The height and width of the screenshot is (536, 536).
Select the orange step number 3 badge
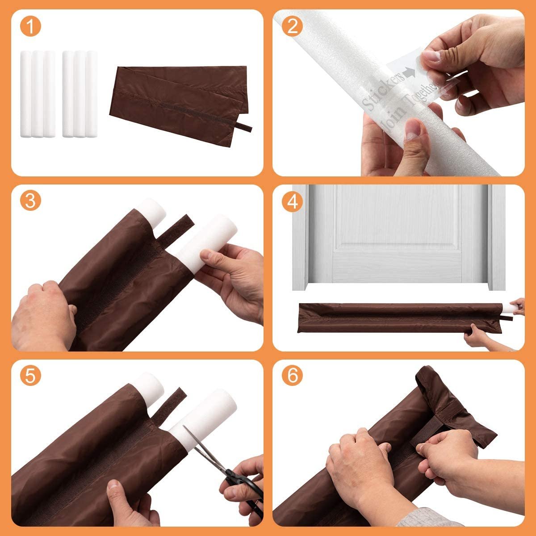[x=29, y=201]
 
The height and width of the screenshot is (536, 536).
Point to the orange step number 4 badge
[x=293, y=202]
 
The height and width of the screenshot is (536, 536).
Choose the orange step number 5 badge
[x=29, y=377]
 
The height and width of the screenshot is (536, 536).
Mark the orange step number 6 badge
[x=293, y=377]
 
